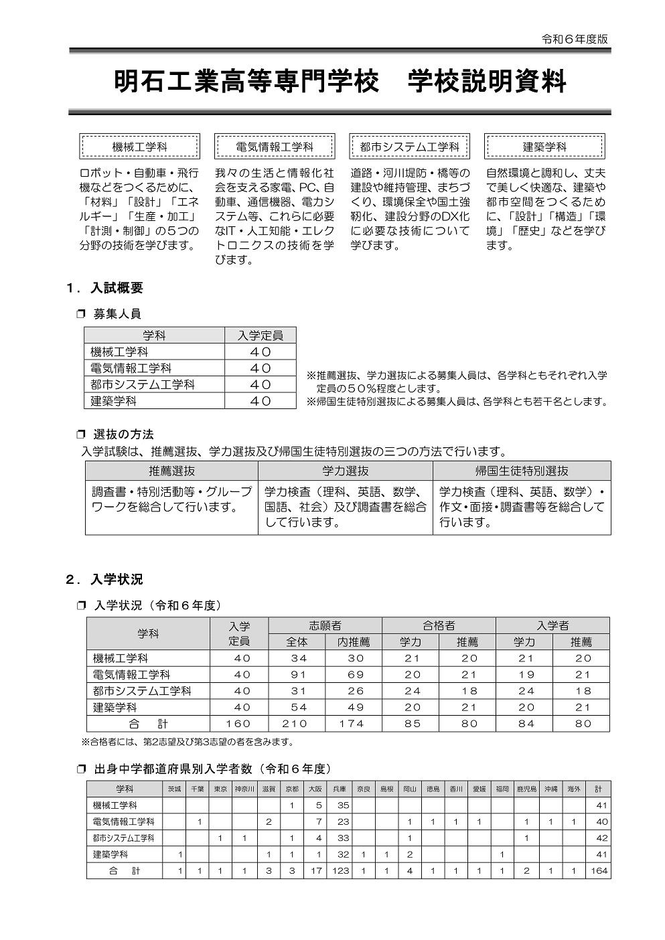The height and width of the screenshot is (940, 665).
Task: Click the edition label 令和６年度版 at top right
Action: point(575,39)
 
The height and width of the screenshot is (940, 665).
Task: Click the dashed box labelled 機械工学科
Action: point(139,146)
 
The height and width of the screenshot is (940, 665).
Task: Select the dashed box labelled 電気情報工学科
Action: point(275,146)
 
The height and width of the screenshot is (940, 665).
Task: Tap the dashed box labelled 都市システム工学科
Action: point(409,146)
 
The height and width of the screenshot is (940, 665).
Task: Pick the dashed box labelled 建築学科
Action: point(544,146)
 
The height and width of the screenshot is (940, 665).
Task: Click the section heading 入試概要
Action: point(117,289)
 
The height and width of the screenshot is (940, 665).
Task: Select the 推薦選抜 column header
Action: point(171,471)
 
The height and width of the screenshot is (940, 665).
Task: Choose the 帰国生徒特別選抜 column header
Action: point(522,471)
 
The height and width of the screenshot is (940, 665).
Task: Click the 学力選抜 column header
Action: point(345,471)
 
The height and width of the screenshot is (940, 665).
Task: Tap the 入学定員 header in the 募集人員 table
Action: point(260,335)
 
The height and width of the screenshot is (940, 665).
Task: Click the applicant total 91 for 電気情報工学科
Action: point(299,675)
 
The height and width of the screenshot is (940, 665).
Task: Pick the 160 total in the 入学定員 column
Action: point(239,724)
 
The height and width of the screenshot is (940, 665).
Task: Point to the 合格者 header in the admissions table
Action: point(439,625)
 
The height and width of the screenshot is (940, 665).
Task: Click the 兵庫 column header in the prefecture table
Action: point(340,789)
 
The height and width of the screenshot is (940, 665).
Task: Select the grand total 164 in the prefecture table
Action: point(599,871)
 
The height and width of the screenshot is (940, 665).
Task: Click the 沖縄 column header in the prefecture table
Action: point(550,789)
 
